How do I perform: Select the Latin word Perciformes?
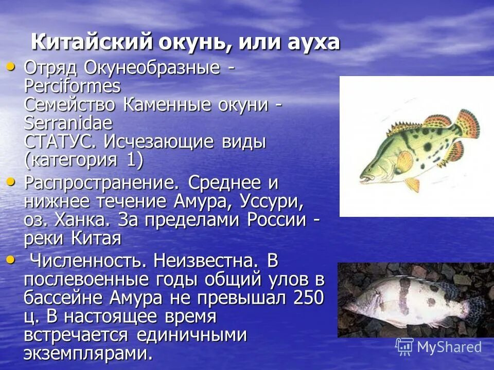(72, 86)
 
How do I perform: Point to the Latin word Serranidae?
(68, 123)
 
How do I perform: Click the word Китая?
(96, 238)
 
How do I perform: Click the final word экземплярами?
(88, 353)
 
